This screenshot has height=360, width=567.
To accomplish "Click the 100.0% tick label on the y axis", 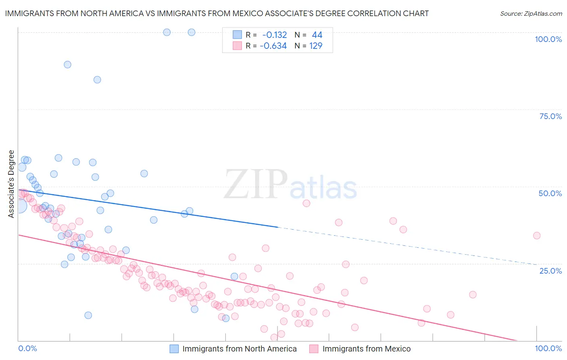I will [548, 39].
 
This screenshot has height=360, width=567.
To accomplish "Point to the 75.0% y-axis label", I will [550, 116].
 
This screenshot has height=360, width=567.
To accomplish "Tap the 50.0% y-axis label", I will [550, 193].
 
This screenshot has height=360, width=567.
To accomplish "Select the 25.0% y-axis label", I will [550, 270].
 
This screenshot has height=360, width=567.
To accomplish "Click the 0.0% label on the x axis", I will [27, 348].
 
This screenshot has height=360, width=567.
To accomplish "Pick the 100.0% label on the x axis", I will [548, 348].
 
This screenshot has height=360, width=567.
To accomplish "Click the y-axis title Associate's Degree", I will [11, 184].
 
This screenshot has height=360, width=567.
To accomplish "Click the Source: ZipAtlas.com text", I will [531, 13].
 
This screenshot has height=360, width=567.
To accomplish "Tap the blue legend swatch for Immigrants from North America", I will [174, 349].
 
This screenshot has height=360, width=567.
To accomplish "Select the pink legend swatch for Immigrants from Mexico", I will [314, 349].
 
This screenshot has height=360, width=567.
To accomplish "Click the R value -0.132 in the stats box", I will [275, 35].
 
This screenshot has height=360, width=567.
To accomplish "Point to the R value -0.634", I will [273, 46].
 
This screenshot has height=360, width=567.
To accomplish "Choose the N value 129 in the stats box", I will [316, 46].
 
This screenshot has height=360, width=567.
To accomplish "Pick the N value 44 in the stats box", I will [317, 35].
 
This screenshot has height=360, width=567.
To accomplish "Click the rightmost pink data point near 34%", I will [536, 236].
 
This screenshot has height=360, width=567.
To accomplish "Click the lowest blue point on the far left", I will [88, 315].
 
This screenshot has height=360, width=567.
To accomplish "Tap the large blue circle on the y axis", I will [19, 206].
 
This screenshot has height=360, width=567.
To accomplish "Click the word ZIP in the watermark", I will [255, 184].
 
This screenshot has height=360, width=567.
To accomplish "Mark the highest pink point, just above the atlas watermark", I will [306, 203].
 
